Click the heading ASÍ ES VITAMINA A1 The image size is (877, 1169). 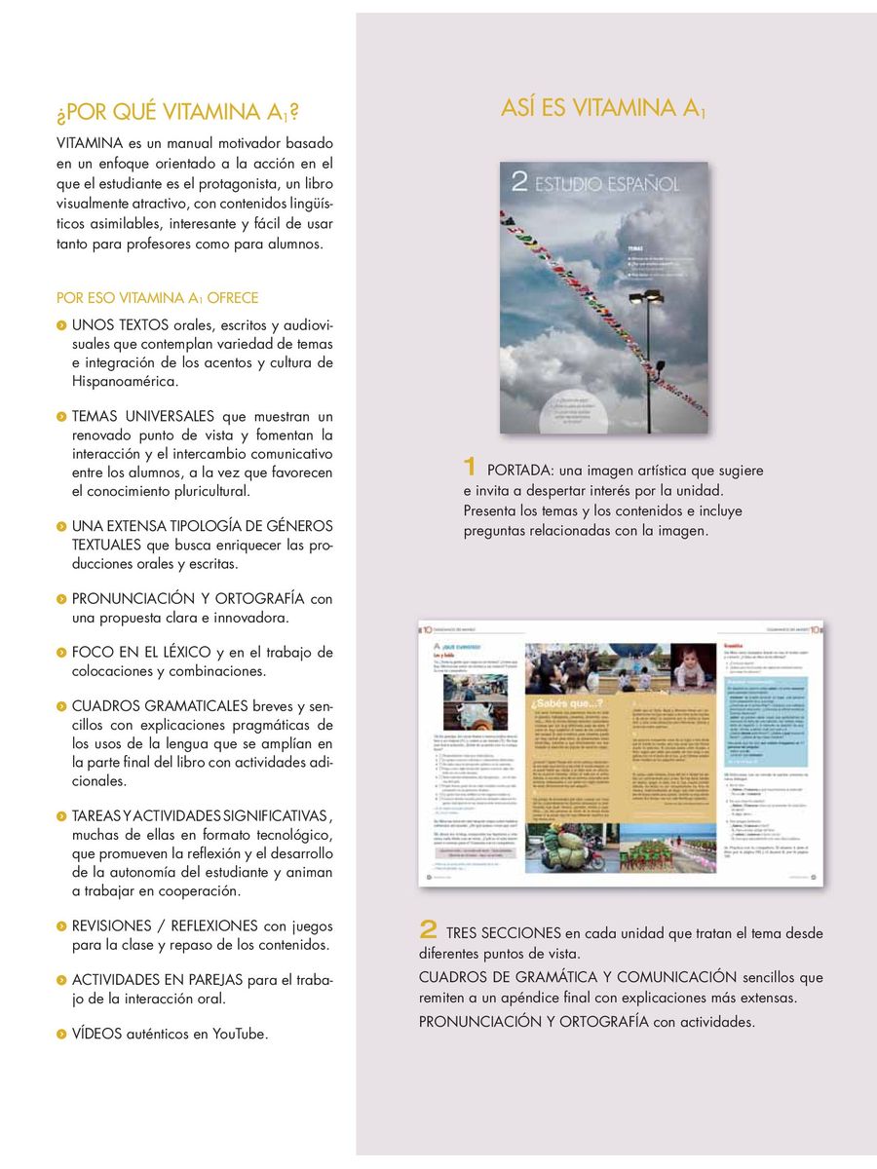[602, 107]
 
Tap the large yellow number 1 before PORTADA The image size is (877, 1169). [470, 469]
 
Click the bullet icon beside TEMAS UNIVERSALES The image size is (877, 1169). [61, 417]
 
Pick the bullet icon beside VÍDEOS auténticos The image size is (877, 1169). [61, 1034]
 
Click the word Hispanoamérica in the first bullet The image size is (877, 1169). [124, 382]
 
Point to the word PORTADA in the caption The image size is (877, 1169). [520, 471]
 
